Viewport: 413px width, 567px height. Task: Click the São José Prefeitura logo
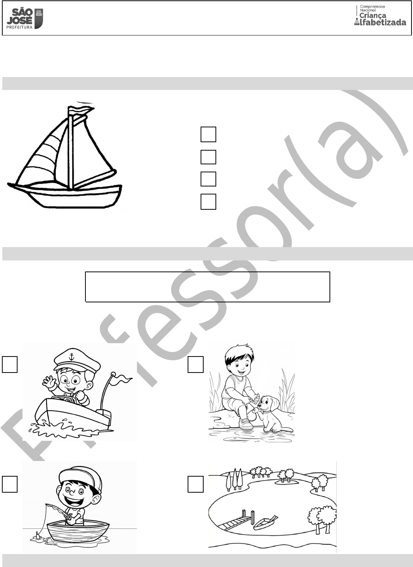(24, 18)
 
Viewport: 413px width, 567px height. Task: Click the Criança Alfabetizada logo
(380, 15)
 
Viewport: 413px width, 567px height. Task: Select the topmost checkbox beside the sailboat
(208, 134)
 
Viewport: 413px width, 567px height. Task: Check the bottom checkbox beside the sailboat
(208, 201)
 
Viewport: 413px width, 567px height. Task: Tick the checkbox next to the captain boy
(10, 364)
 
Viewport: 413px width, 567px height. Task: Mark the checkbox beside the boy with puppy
(196, 364)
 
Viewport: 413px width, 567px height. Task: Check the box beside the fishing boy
(10, 484)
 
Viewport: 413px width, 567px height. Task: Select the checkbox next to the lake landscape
(196, 484)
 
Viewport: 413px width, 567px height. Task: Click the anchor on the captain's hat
(72, 357)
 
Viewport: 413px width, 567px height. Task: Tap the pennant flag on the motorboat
(122, 379)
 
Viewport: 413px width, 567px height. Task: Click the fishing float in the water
(38, 535)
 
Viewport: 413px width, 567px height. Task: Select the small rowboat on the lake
(265, 523)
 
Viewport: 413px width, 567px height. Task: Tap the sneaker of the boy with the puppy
(246, 423)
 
